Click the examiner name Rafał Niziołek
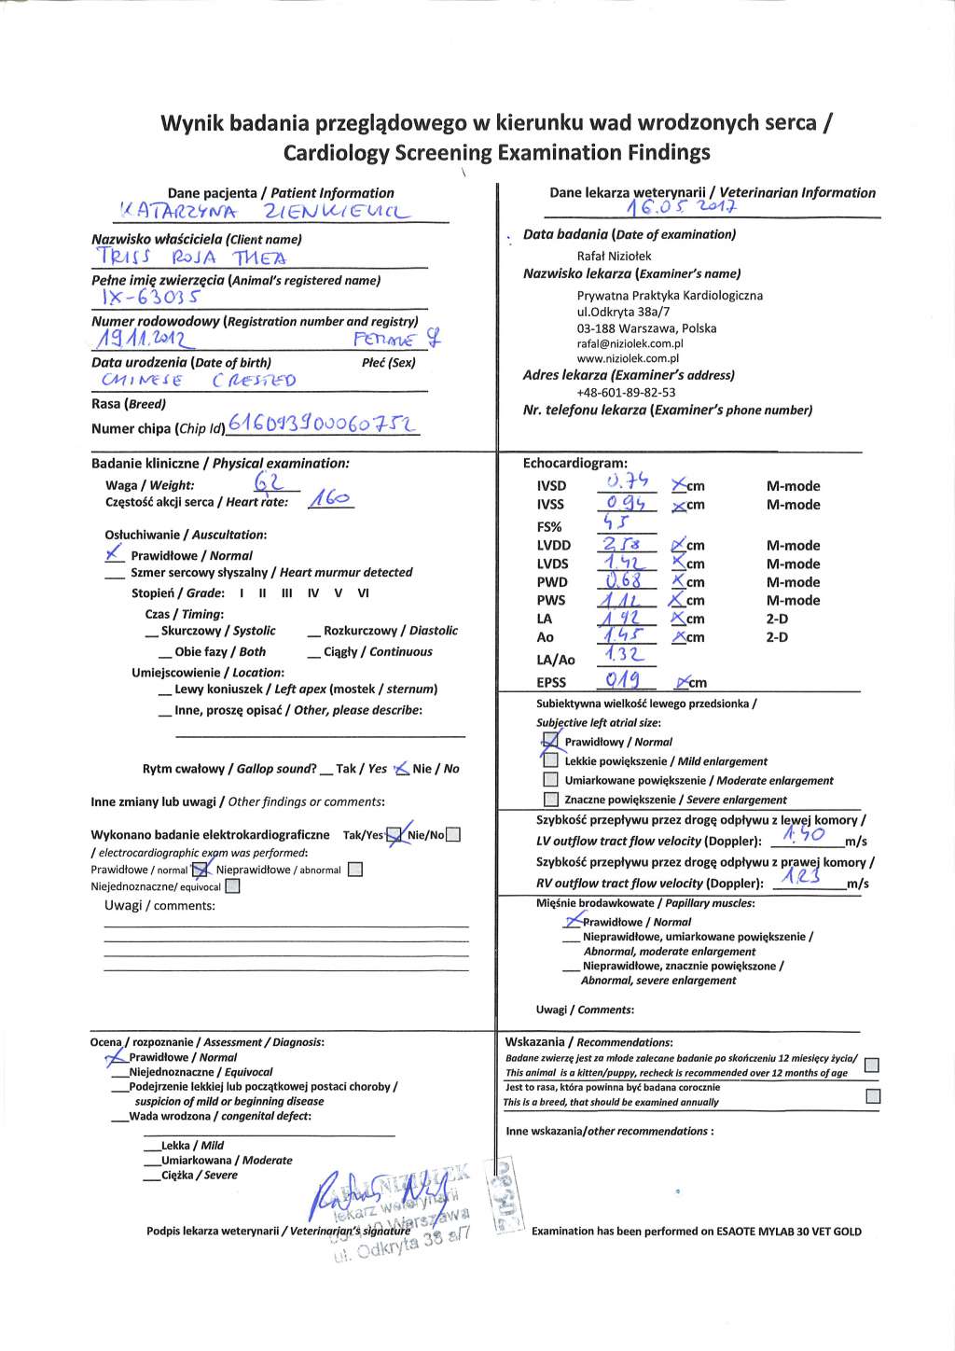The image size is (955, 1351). pyautogui.click(x=614, y=256)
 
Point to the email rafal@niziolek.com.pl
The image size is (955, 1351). pyautogui.click(x=630, y=343)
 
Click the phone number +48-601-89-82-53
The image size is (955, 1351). pyautogui.click(x=626, y=392)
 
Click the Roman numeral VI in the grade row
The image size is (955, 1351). pyautogui.click(x=363, y=593)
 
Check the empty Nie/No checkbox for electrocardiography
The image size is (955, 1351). pyautogui.click(x=453, y=835)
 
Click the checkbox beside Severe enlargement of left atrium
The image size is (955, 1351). pyautogui.click(x=550, y=800)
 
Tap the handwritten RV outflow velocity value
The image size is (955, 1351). pyautogui.click(x=802, y=878)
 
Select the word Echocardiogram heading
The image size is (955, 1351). pyautogui.click(x=575, y=463)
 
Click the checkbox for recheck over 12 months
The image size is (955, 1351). pyautogui.click(x=872, y=1065)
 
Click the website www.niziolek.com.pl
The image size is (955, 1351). pyautogui.click(x=628, y=358)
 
